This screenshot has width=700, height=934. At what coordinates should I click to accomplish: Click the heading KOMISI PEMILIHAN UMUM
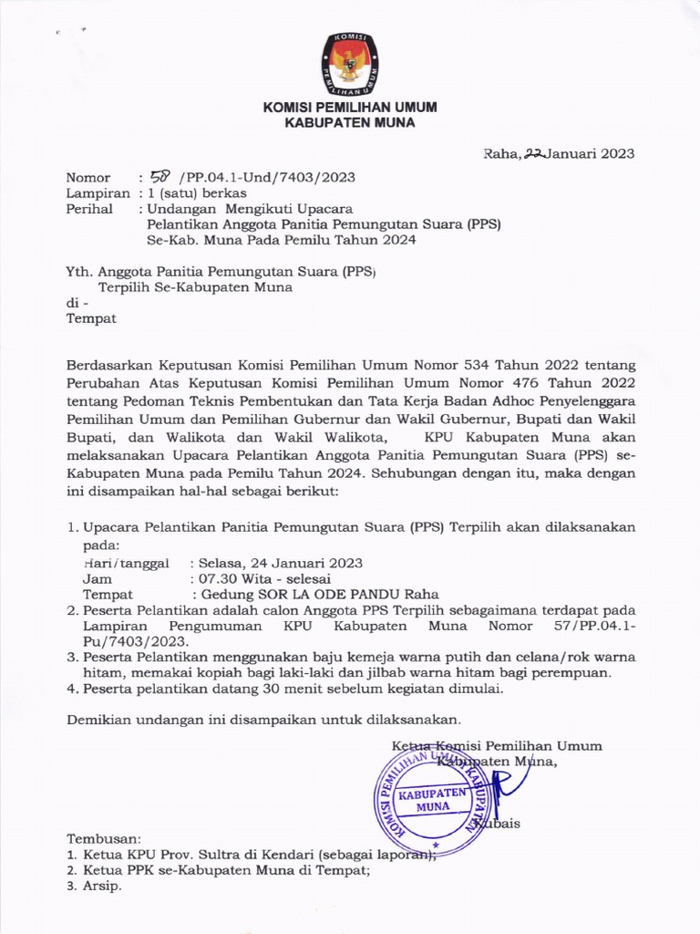click(350, 107)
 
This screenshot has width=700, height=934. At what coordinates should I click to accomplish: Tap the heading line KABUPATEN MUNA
click(350, 123)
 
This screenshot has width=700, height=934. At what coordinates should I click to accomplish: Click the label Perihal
click(89, 209)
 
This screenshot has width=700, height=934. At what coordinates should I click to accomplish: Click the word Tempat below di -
click(91, 319)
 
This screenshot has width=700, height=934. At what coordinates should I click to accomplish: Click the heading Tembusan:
click(105, 837)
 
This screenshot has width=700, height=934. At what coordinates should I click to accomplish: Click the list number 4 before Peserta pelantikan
click(72, 689)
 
